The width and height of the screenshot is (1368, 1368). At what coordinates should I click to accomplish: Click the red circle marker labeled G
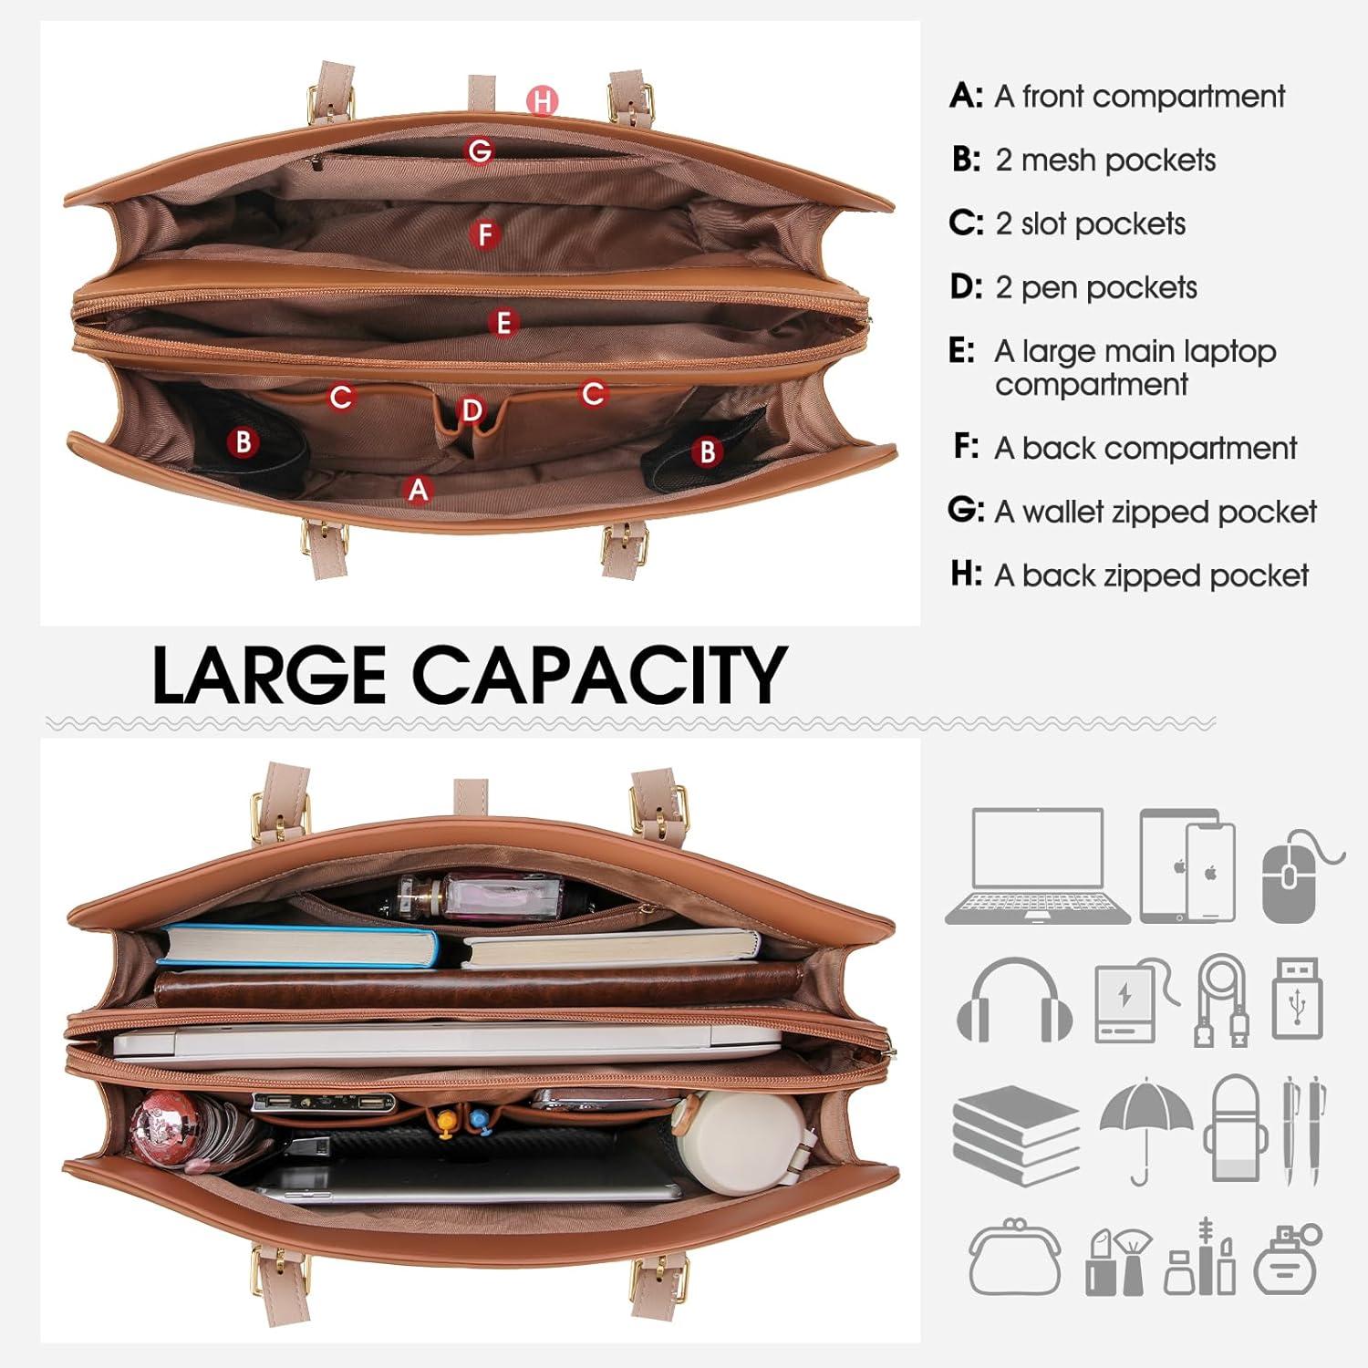[480, 150]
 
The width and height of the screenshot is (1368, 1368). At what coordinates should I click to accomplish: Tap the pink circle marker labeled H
[543, 101]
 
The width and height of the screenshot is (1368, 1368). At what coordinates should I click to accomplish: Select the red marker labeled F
[485, 234]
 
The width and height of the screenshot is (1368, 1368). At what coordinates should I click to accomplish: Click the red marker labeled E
[503, 323]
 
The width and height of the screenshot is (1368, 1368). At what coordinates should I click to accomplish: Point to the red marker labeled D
[472, 410]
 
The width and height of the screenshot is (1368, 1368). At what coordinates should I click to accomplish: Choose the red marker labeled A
[418, 490]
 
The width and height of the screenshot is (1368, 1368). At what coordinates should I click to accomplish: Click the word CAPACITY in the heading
[599, 674]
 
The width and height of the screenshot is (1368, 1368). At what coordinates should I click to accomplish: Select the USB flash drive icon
[1297, 998]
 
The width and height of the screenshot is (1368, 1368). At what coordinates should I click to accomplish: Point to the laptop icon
[1038, 865]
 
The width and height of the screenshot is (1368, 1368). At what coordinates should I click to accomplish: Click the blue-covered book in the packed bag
[297, 946]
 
